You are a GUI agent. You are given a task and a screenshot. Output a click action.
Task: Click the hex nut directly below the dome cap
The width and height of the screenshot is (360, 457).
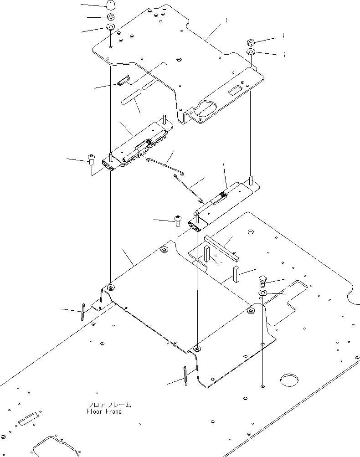tap(111, 16)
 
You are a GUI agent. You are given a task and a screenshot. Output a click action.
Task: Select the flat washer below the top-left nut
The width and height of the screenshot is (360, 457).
tap(111, 27)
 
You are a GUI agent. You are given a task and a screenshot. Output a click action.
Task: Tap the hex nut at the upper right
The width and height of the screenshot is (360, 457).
tap(251, 42)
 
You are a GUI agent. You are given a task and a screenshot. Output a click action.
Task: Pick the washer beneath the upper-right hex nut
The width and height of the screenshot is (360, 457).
tap(251, 52)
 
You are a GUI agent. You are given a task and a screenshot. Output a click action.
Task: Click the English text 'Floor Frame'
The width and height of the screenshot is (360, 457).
tap(104, 411)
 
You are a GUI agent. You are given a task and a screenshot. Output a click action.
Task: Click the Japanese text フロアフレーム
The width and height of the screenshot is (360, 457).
tap(109, 405)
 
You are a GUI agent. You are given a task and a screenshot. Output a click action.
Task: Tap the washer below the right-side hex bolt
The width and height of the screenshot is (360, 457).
tap(262, 293)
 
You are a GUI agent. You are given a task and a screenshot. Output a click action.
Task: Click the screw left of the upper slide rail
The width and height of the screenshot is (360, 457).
tap(91, 160)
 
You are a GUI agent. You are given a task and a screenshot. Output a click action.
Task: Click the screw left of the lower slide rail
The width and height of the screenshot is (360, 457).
tap(178, 220)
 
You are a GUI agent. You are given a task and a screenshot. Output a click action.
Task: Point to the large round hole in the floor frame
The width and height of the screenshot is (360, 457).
tap(289, 380)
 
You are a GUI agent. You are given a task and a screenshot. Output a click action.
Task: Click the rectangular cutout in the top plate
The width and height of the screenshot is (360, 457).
tap(235, 91)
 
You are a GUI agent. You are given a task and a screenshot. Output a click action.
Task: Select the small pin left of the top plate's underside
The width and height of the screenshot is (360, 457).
tap(123, 81)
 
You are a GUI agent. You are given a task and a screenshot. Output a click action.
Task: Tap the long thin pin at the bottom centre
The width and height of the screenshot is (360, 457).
tap(185, 376)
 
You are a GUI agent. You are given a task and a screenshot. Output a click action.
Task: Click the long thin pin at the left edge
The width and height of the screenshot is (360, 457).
tap(83, 312)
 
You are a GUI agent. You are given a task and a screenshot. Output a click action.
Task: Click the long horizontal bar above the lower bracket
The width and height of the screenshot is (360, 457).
tap(222, 248)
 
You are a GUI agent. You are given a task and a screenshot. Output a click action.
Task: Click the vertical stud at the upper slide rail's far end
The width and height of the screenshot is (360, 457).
tap(165, 120)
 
